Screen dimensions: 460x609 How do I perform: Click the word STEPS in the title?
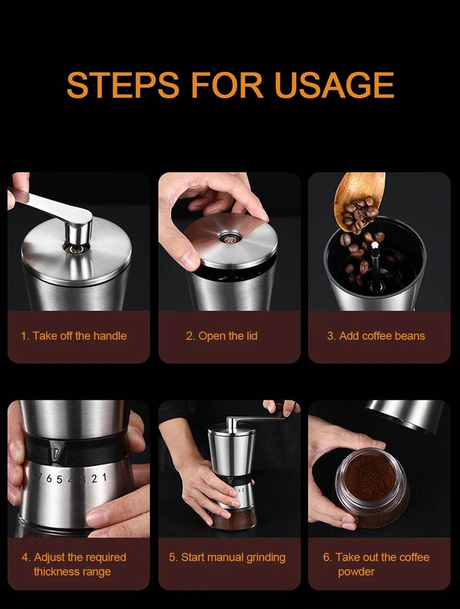click(x=123, y=85)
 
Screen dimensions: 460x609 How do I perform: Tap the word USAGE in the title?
click(x=335, y=85)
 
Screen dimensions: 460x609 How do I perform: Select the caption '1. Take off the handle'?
click(x=74, y=336)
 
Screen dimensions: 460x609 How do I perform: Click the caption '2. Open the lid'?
click(x=222, y=336)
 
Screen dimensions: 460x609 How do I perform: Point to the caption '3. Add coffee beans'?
click(x=376, y=336)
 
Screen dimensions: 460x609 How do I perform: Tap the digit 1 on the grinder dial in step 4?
click(x=104, y=478)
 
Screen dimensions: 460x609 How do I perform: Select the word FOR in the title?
click(x=227, y=85)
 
